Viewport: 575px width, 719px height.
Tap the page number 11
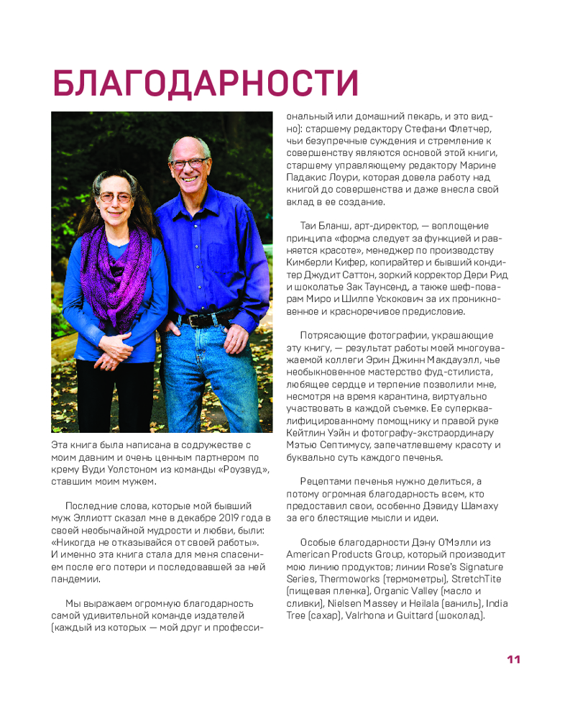pyautogui.click(x=513, y=659)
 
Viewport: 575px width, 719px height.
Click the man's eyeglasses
pyautogui.click(x=190, y=163)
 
